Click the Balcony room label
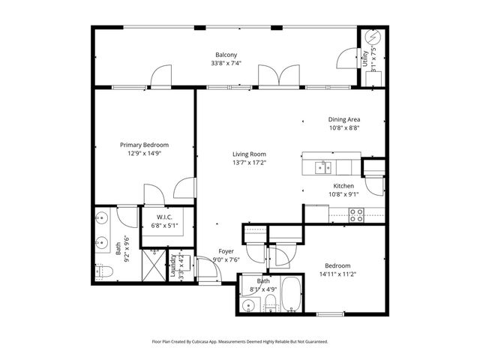click(226, 55)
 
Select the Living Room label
click(248, 154)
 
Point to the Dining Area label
click(344, 119)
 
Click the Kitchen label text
click(343, 186)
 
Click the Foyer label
click(226, 251)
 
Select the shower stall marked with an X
click(153, 266)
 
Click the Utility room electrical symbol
click(370, 37)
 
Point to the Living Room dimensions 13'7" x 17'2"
click(248, 162)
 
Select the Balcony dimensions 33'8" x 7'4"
click(226, 64)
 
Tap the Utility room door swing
click(346, 59)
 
